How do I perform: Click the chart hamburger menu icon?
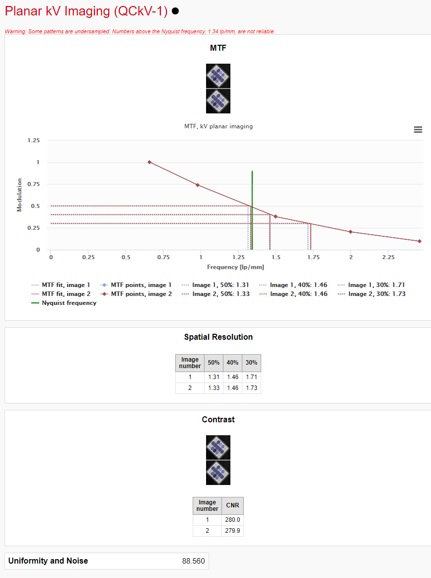418,129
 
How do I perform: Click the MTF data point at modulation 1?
149,162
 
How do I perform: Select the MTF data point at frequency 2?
351,232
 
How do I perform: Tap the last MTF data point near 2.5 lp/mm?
420,241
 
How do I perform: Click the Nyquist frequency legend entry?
69,303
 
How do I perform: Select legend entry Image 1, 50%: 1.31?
220,285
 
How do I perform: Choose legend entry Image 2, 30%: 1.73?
377,294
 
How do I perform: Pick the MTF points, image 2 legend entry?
141,294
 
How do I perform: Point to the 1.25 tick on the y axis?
34,141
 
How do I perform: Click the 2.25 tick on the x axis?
388,257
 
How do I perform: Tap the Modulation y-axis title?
20,195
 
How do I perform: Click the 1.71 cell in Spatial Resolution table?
251,377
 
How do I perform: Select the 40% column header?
232,363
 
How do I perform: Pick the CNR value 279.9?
232,531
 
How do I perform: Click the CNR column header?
232,505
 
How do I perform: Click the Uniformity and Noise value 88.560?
193,561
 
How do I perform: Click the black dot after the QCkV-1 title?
175,11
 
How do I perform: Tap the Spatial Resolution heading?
218,337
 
